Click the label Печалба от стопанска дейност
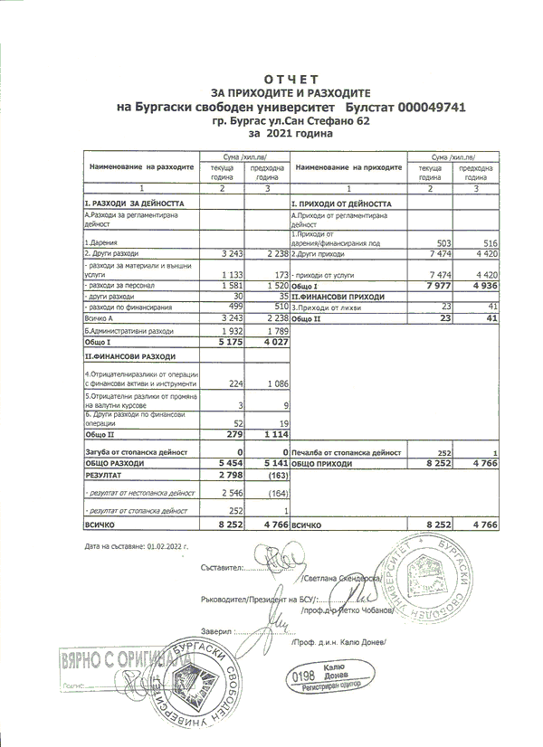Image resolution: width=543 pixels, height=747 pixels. click(x=347, y=450)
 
